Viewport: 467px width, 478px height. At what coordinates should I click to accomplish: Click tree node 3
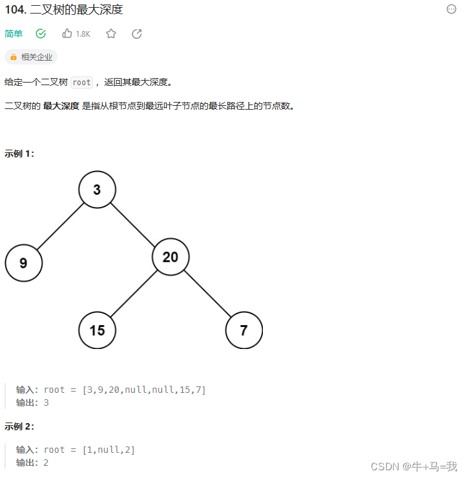point(97,190)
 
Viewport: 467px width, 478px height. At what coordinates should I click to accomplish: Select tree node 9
point(23,263)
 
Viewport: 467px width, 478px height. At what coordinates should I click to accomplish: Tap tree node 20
point(171,257)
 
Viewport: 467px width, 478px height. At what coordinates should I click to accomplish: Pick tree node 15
point(97,330)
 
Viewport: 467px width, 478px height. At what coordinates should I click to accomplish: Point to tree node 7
point(244,330)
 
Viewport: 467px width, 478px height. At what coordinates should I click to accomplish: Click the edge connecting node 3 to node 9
point(60,226)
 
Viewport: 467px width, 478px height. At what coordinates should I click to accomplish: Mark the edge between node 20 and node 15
point(134,294)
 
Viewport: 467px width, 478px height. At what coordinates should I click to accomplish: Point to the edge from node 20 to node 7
point(207,294)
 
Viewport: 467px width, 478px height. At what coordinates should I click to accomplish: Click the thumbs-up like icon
point(67,34)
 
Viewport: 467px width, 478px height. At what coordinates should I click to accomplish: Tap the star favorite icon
point(111,34)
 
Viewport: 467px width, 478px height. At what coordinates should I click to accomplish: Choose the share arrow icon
point(137,34)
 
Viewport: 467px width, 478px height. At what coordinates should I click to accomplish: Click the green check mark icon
point(41,34)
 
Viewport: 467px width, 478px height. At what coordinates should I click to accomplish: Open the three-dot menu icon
point(451,9)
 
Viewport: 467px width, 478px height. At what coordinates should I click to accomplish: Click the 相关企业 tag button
point(31,57)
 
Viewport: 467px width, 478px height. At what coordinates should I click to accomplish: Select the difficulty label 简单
point(14,34)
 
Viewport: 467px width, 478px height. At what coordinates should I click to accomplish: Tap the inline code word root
point(82,83)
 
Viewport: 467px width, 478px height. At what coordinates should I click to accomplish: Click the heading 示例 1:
point(19,154)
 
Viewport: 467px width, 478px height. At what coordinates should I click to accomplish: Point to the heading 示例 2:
point(19,426)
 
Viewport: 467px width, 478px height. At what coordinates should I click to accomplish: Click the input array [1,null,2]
point(109,450)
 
